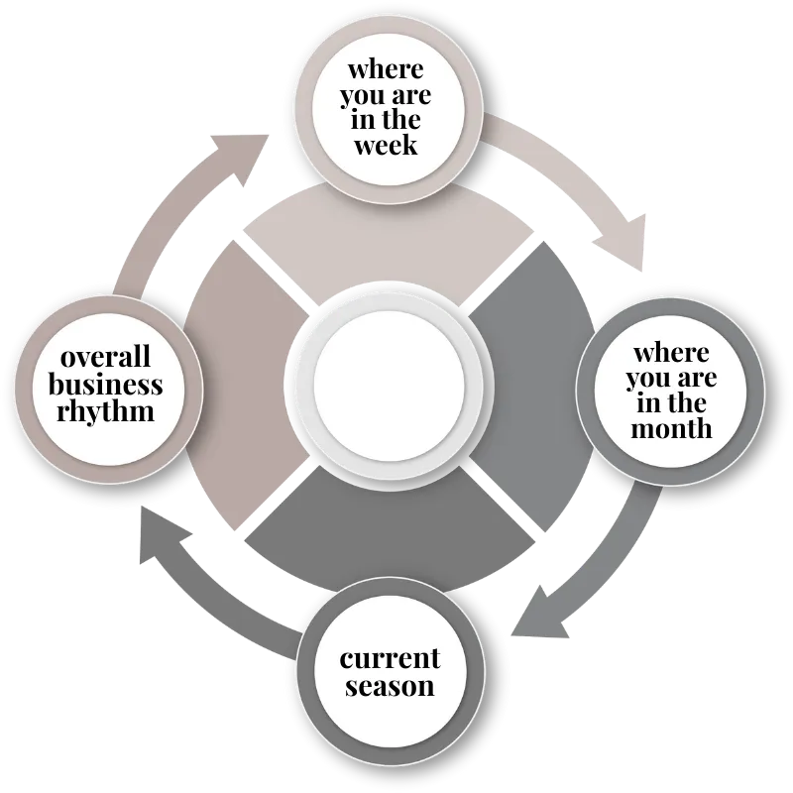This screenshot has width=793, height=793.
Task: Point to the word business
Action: [x=106, y=384]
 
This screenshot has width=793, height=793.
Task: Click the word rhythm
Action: [x=107, y=409]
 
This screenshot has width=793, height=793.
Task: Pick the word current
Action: [x=390, y=658]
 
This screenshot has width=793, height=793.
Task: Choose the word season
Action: [x=390, y=685]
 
